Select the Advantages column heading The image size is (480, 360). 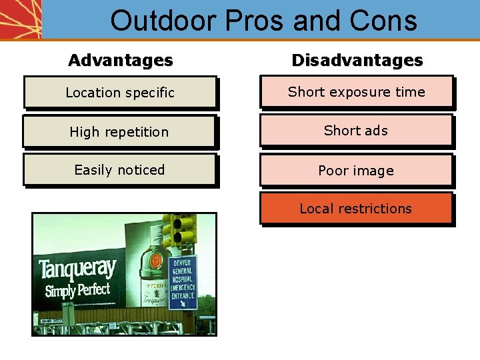click(x=120, y=60)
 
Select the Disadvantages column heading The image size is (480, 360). click(x=357, y=60)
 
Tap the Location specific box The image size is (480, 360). click(x=120, y=93)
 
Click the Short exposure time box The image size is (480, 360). click(x=356, y=92)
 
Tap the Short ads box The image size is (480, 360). click(x=356, y=131)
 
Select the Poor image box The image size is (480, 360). click(x=356, y=170)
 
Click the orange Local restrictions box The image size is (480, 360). click(x=356, y=209)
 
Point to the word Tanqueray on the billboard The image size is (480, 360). click(x=77, y=269)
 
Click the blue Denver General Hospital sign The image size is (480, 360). click(x=182, y=283)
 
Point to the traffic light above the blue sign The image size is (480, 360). click(x=179, y=230)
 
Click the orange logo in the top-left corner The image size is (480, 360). click(x=20, y=19)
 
